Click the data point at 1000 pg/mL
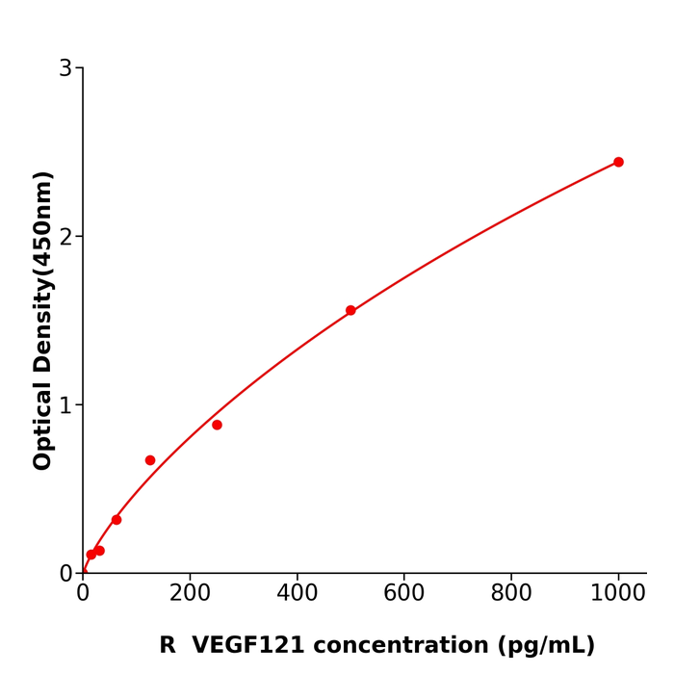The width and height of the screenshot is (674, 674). (x=618, y=162)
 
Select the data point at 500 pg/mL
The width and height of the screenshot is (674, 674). (x=350, y=310)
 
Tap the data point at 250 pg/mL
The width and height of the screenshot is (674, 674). (x=217, y=425)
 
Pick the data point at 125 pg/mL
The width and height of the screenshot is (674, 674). (x=150, y=460)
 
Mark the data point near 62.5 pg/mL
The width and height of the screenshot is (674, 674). (x=117, y=519)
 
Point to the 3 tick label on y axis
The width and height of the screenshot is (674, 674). (x=65, y=68)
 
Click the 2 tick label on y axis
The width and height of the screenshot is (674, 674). (x=65, y=237)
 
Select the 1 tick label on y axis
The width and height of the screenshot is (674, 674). (x=65, y=405)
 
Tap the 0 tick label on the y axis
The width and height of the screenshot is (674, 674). (x=65, y=574)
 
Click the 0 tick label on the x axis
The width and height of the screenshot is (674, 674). (x=83, y=593)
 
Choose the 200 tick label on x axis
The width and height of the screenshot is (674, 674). (x=190, y=593)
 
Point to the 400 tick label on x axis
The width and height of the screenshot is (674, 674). (x=297, y=593)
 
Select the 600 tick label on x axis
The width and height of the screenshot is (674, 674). (x=404, y=593)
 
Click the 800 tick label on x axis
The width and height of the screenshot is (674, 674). (x=511, y=593)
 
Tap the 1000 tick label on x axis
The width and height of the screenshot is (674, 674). (x=618, y=593)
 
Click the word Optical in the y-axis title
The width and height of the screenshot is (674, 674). (x=43, y=427)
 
